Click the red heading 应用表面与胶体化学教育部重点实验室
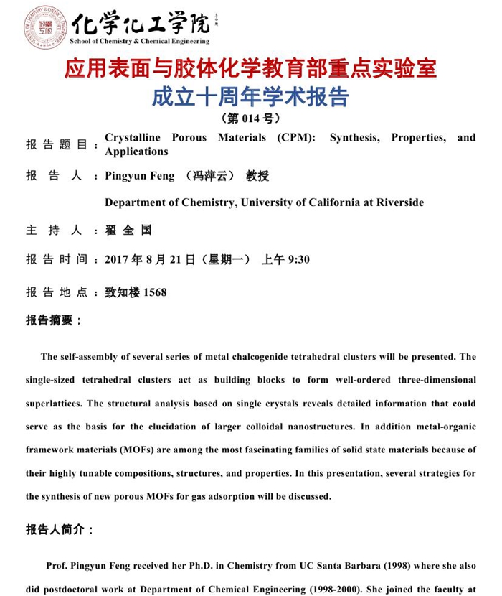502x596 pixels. click(250, 70)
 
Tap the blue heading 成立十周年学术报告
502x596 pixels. click(250, 97)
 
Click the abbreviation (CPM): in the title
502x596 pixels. click(296, 138)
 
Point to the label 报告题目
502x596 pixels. click(57, 144)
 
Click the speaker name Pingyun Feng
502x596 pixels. click(139, 176)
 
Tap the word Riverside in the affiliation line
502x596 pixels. click(397, 202)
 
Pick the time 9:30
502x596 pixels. click(298, 259)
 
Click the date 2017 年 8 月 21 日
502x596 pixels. click(150, 259)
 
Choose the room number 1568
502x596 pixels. click(155, 292)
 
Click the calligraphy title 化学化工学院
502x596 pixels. click(141, 23)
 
